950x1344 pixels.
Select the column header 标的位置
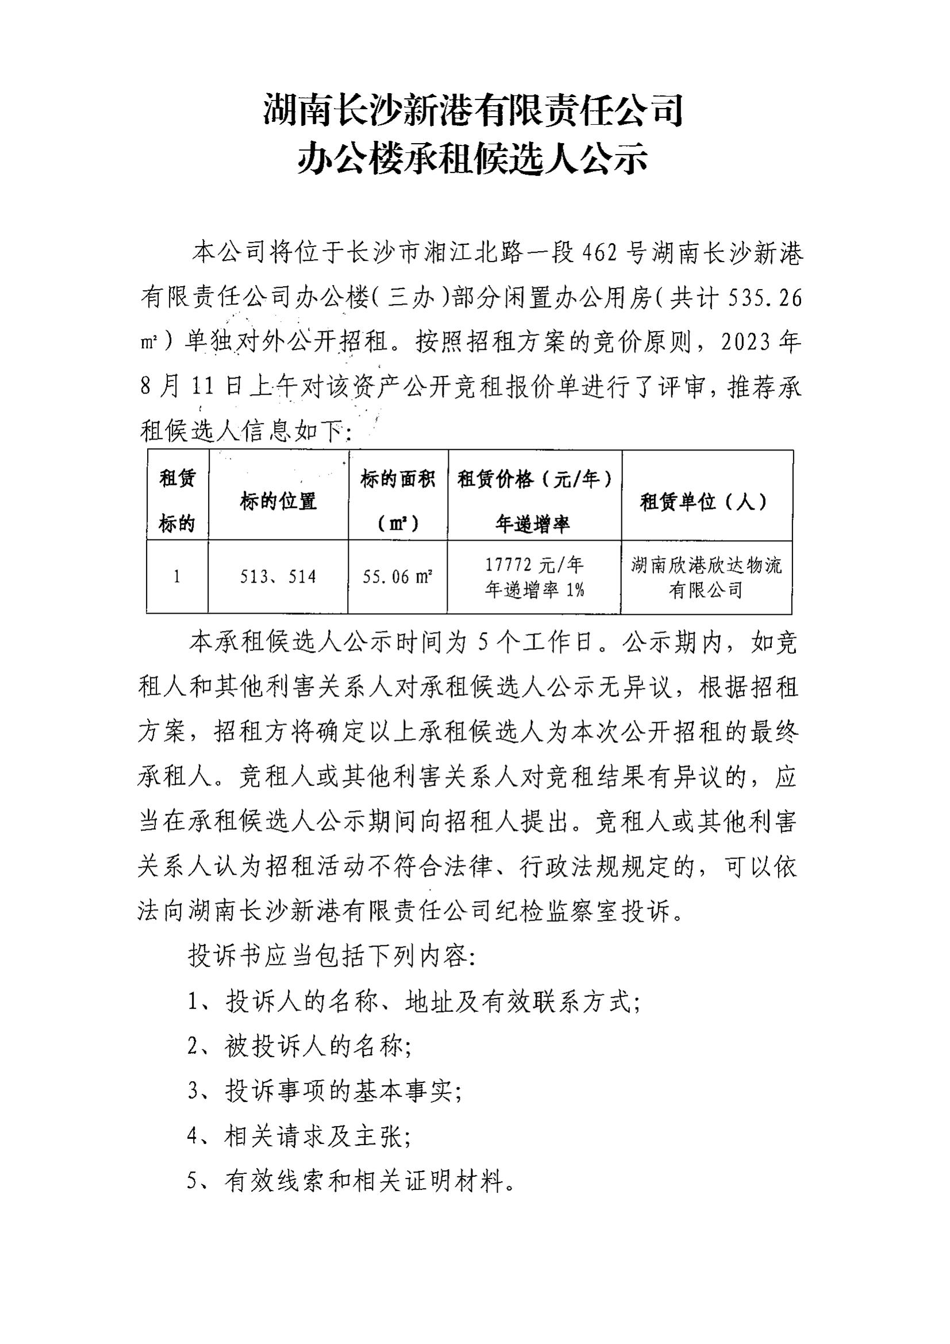click(278, 501)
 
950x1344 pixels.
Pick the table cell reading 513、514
click(278, 577)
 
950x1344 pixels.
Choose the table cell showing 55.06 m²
click(398, 577)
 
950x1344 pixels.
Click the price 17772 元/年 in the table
click(534, 565)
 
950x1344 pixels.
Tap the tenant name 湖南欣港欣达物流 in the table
click(706, 565)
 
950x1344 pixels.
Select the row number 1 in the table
click(177, 577)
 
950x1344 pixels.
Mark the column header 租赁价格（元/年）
click(534, 479)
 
